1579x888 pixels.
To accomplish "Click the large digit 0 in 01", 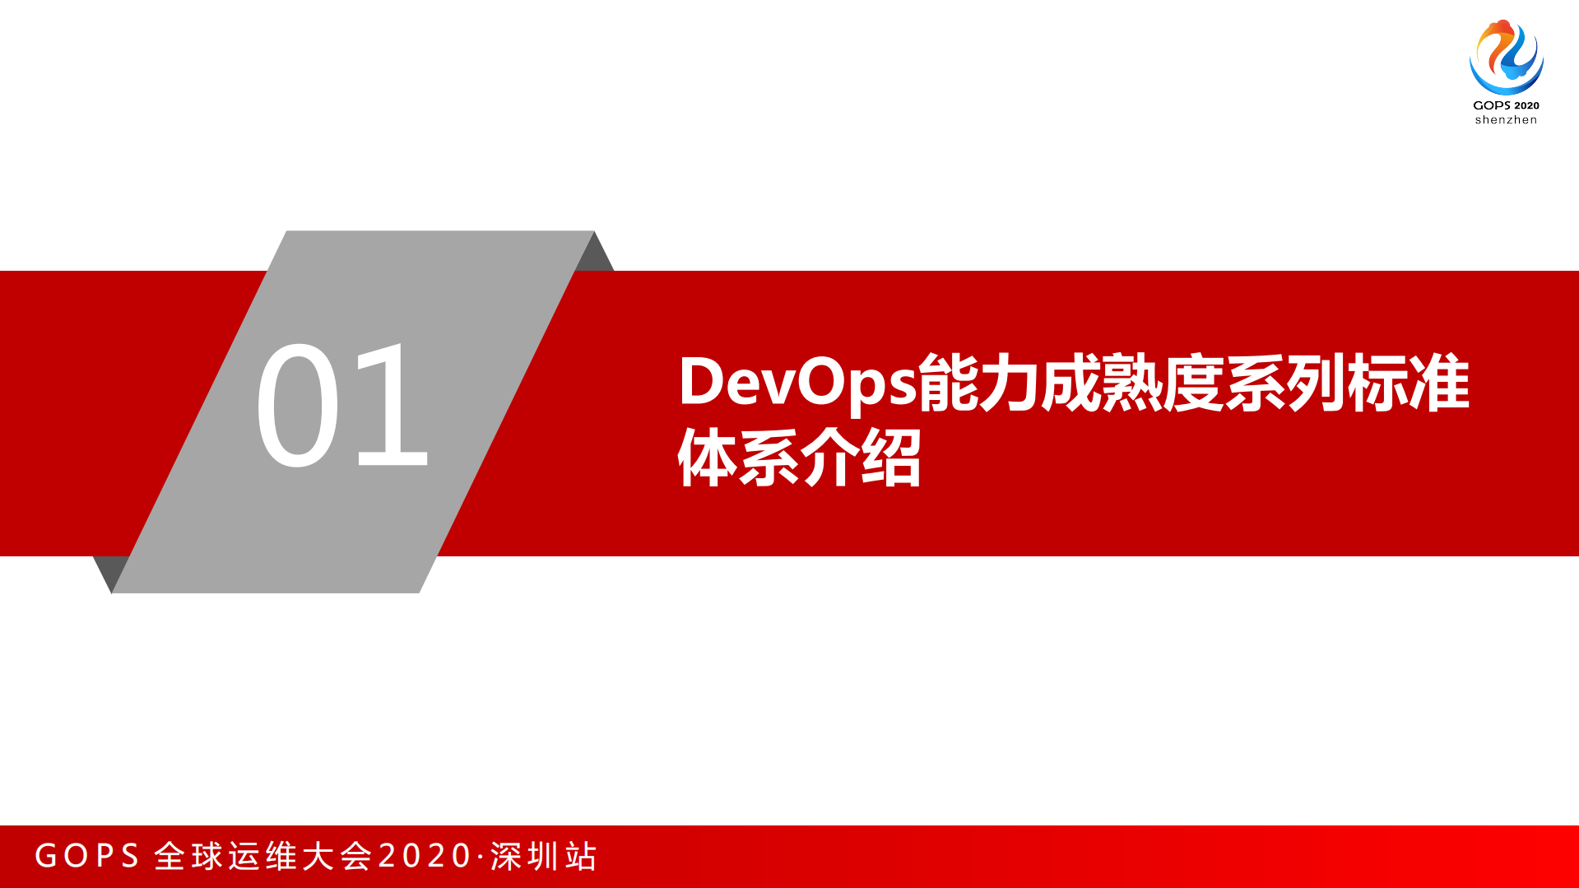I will tap(297, 404).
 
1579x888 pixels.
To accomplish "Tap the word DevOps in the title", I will tap(796, 382).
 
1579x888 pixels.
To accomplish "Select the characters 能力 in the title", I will tap(979, 382).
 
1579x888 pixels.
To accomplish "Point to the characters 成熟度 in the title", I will tap(1132, 382).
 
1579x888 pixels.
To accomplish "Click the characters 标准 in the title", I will tap(1409, 382).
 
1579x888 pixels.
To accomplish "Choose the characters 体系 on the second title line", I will tap(738, 458).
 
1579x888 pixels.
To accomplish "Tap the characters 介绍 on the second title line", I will tap(861, 458).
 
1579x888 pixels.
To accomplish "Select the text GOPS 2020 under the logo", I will tap(1506, 105).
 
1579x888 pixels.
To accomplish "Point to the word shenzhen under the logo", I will tap(1506, 120).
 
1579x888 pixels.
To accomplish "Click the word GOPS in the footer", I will tap(87, 856).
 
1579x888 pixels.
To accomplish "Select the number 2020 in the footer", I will tap(425, 856).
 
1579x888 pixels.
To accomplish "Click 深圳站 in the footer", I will tap(544, 856).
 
